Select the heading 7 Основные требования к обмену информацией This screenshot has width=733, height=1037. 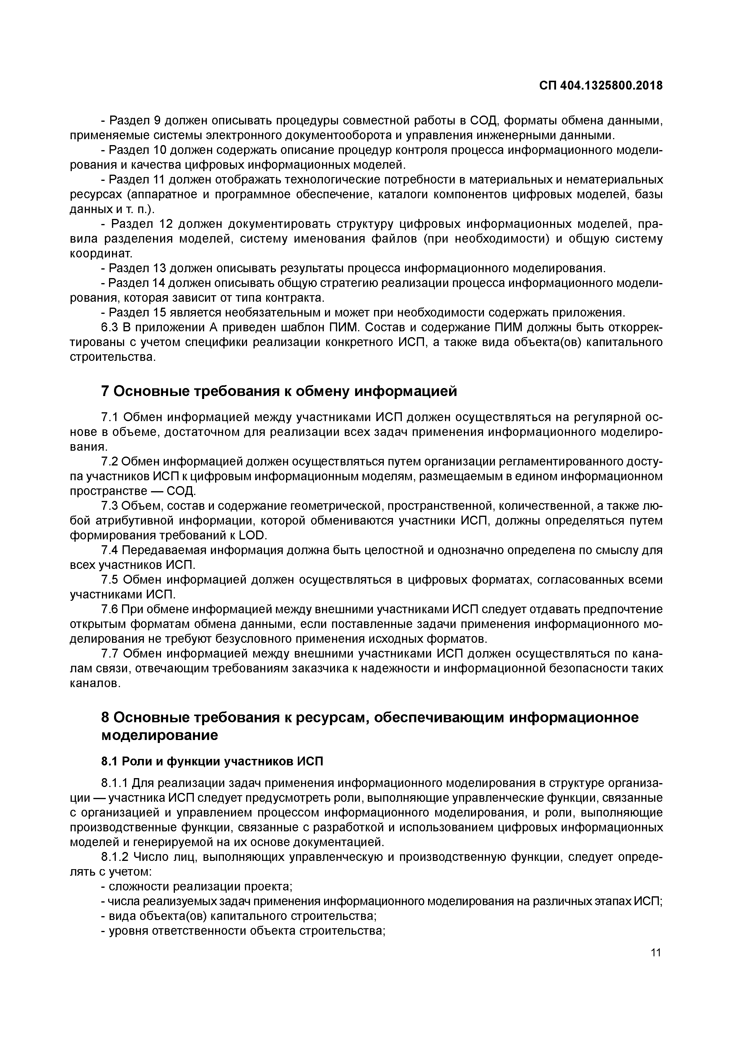coord(279,391)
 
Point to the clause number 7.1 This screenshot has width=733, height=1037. coord(109,417)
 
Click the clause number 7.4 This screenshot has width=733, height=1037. coord(109,550)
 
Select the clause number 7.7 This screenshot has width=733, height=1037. coord(109,653)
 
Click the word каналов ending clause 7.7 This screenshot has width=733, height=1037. coord(95,683)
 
